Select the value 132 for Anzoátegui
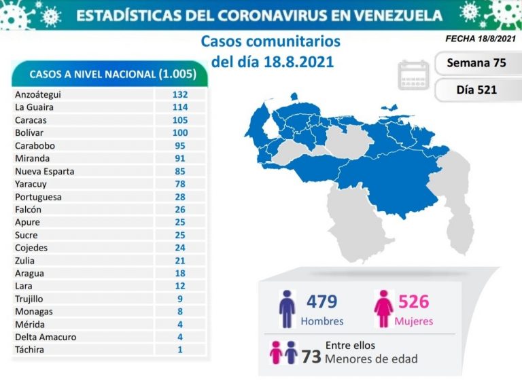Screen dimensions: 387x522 (x=180, y=94)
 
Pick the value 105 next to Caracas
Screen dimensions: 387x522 (x=180, y=120)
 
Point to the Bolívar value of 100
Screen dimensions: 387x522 (x=180, y=132)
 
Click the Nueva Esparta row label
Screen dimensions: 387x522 (x=44, y=171)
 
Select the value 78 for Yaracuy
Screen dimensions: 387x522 (x=180, y=184)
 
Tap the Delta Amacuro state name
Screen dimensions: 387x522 (x=46, y=337)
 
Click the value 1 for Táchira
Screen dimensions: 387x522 (x=180, y=350)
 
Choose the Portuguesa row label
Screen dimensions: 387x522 (x=38, y=197)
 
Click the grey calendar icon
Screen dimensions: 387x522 (x=413, y=75)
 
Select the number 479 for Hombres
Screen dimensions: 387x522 (x=321, y=301)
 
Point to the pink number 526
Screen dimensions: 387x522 (x=413, y=301)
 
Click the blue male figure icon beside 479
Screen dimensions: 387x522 (x=286, y=309)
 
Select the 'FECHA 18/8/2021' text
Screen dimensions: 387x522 (x=481, y=39)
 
